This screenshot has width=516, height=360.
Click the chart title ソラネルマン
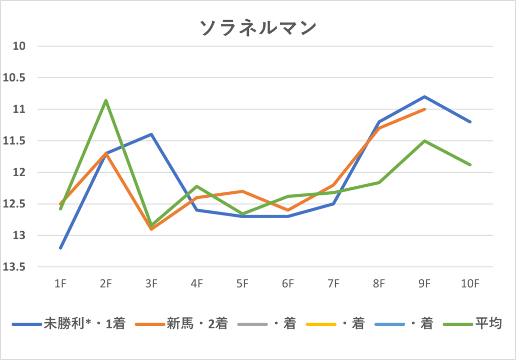pyautogui.click(x=258, y=28)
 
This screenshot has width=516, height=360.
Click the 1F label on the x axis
pyautogui.click(x=60, y=284)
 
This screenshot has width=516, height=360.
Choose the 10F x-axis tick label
pyautogui.click(x=470, y=284)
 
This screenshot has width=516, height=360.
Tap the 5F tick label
pyautogui.click(x=242, y=284)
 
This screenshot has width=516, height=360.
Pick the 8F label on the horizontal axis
pyautogui.click(x=379, y=284)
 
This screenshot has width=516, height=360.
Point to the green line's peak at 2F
pyautogui.click(x=106, y=100)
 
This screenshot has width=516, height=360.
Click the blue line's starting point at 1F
pyautogui.click(x=60, y=248)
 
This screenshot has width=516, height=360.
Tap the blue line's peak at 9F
pyautogui.click(x=425, y=96)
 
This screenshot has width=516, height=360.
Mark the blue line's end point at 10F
pyautogui.click(x=470, y=122)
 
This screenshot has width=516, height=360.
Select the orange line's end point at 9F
pyautogui.click(x=425, y=109)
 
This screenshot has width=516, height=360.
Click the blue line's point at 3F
pyautogui.click(x=151, y=134)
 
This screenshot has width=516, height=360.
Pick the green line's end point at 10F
pyautogui.click(x=470, y=165)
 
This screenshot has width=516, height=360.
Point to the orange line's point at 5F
pyautogui.click(x=242, y=191)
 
